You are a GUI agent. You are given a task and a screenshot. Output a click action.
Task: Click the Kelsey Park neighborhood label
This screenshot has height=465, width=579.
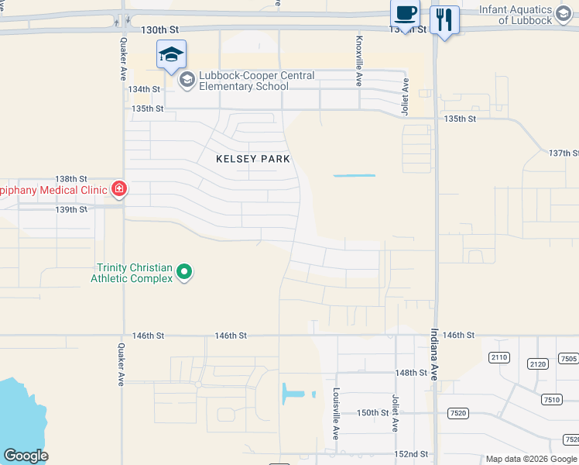253,159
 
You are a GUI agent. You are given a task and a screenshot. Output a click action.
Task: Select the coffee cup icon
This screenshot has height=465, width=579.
405,14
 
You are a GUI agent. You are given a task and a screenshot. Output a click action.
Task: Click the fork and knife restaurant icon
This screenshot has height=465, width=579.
444,19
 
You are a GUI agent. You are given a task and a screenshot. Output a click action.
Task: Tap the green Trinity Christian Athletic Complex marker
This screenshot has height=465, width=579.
184,271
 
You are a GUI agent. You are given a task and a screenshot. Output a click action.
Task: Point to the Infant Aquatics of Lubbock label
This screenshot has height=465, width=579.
526,15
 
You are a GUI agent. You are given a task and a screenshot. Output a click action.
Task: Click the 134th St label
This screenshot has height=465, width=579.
144,89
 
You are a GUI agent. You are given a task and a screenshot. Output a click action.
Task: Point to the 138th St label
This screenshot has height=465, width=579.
71,178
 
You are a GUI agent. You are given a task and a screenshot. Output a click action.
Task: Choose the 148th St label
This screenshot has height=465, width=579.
411,373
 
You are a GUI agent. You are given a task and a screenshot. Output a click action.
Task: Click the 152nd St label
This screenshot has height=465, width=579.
411,454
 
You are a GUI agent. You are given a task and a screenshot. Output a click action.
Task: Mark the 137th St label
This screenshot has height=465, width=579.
564,153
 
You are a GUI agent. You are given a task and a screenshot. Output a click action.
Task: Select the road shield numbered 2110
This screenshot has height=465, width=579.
499,357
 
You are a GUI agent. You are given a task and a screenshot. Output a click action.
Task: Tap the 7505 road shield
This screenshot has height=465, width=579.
569,358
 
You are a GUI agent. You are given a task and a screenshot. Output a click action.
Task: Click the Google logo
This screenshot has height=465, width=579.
26,456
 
